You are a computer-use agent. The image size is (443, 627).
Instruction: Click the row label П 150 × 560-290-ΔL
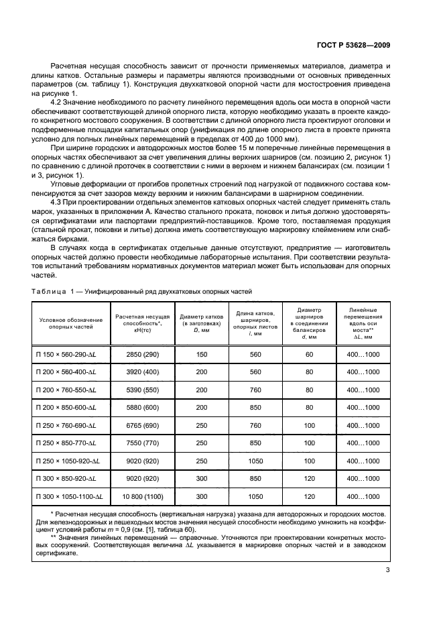[66, 353]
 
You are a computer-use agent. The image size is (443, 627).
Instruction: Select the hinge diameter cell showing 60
[309, 353]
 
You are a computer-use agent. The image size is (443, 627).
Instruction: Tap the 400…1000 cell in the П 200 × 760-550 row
[362, 389]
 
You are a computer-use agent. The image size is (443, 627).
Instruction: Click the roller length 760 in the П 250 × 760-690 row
[255, 425]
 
